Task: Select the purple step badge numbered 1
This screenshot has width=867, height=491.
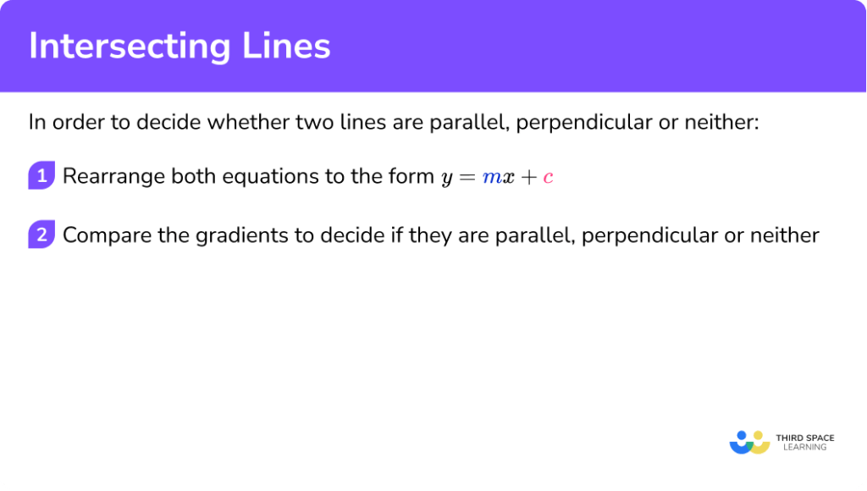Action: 41,176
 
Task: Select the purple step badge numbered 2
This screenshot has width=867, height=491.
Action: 41,234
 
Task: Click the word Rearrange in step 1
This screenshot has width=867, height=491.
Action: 113,177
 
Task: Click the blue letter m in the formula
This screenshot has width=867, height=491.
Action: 492,178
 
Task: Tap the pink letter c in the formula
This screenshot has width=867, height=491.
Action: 548,178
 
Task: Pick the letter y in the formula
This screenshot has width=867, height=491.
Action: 447,179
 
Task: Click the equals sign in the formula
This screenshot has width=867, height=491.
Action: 468,178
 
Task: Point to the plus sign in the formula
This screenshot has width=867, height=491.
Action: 527,178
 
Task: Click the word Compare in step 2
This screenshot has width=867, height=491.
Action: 100,235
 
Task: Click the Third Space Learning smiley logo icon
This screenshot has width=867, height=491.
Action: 748,441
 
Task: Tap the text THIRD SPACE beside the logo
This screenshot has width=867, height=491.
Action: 804,438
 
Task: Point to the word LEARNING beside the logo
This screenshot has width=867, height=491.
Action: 800,447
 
